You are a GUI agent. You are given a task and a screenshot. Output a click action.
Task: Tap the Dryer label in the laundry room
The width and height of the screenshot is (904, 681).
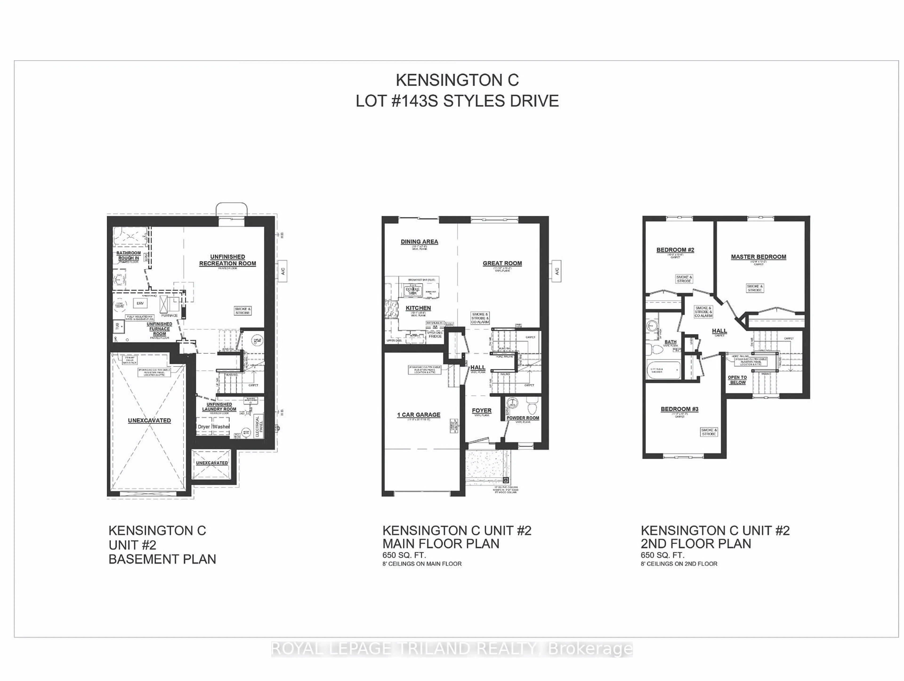pyautogui.click(x=204, y=426)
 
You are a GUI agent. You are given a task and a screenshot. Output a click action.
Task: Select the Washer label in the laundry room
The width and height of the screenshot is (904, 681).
pyautogui.click(x=221, y=426)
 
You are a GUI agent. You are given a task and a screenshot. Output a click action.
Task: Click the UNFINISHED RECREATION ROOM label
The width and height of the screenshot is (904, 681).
pyautogui.click(x=228, y=260)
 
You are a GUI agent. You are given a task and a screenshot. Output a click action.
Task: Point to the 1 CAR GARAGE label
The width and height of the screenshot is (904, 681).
pyautogui.click(x=419, y=415)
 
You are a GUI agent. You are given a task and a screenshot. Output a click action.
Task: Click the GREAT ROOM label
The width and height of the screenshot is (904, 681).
pyautogui.click(x=502, y=264)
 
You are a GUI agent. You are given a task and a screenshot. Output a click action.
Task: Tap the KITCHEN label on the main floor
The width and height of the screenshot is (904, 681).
pyautogui.click(x=418, y=308)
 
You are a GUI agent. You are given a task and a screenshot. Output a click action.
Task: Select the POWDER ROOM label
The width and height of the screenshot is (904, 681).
pyautogui.click(x=523, y=418)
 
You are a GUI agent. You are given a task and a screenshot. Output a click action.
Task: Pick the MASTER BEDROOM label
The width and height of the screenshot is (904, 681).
pyautogui.click(x=759, y=257)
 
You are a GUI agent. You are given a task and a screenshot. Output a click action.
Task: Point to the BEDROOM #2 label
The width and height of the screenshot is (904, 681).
pyautogui.click(x=675, y=250)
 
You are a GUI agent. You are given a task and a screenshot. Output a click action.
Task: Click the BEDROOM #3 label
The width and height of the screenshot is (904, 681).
pyautogui.click(x=680, y=409)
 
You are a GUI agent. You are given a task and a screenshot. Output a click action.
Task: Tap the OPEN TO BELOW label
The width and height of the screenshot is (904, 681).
pyautogui.click(x=737, y=380)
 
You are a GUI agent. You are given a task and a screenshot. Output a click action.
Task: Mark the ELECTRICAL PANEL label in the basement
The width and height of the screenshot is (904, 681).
pyautogui.click(x=258, y=426)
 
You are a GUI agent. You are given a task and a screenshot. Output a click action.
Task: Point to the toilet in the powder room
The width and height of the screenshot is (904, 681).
pyautogui.click(x=532, y=407)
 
